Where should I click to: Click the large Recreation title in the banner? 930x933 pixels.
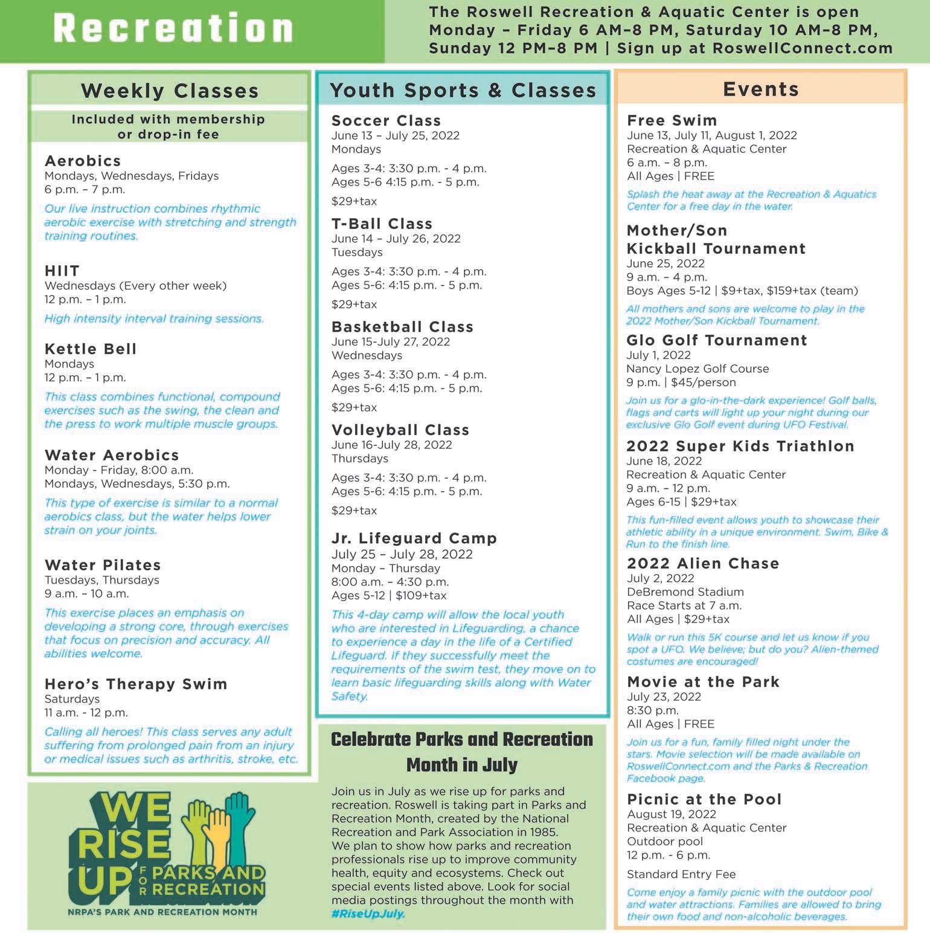173,29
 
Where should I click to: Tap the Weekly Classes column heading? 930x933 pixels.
170,91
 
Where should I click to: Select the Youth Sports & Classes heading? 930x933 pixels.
463,91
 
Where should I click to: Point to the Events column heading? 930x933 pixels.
761,89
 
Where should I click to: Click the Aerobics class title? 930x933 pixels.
83,161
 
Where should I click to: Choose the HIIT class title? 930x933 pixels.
62,271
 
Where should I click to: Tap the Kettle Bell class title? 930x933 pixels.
91,349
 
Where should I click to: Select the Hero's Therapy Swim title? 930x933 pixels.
136,684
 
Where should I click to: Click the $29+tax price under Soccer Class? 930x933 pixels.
354,201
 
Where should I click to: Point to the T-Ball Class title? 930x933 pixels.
382,224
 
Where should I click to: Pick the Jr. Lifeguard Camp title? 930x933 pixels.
414,538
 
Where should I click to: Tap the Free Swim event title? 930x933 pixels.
672,120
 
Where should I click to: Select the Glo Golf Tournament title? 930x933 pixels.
716,340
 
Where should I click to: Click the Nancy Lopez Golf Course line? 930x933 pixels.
697,369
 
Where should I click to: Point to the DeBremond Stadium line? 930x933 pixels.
685,592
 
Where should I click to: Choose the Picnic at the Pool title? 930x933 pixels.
704,799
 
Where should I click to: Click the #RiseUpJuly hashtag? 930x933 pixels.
368,914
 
